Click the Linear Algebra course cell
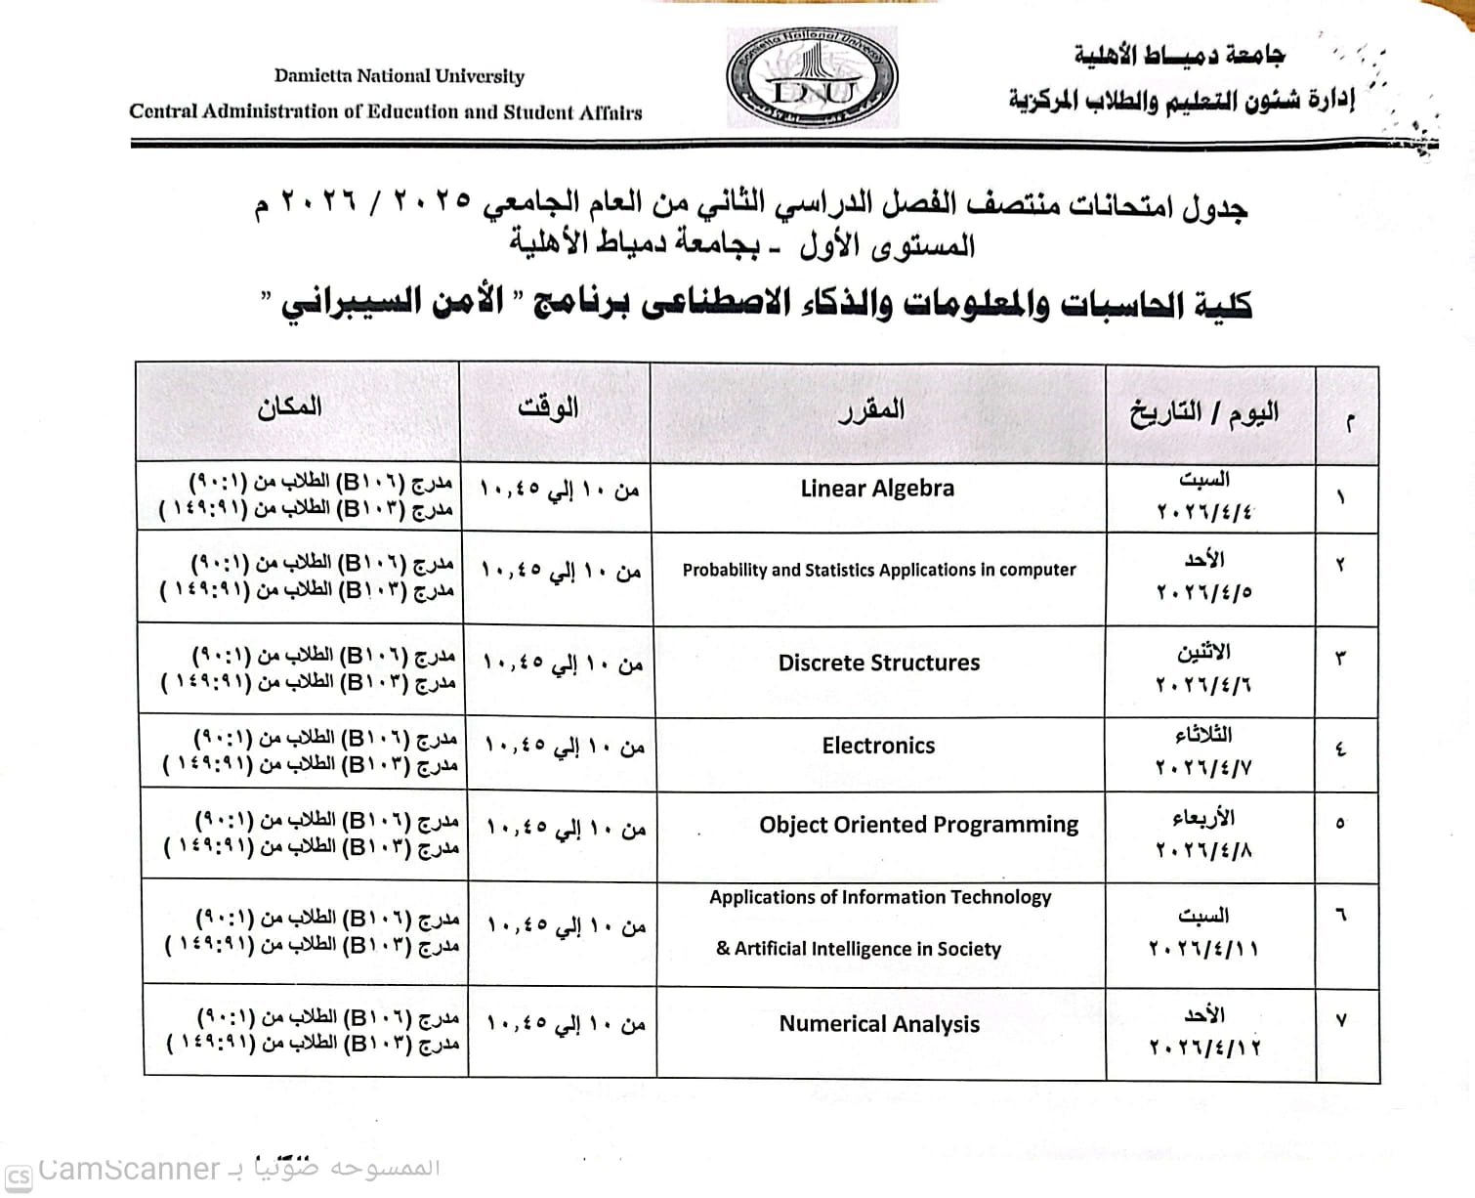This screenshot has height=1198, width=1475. coord(877,489)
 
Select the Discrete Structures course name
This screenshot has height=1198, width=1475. coord(878,663)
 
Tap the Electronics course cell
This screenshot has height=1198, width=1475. coord(878,746)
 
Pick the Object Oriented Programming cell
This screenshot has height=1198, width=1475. coord(918,825)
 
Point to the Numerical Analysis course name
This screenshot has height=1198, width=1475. coord(879,1024)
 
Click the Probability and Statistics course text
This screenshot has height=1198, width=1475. coord(878,570)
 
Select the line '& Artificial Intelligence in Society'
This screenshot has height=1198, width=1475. coord(859,949)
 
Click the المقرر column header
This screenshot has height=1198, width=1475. coord(871,409)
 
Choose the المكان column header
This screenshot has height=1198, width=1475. coord(290,406)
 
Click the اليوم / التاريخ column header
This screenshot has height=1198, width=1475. coord(1204,413)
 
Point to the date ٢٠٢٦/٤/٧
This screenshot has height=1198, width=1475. coord(1203,769)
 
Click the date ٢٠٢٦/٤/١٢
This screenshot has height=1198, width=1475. coord(1204,1048)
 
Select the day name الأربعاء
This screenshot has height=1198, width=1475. coord(1204,816)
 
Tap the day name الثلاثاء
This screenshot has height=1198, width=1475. coord(1204,735)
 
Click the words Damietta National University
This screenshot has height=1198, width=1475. coord(399,76)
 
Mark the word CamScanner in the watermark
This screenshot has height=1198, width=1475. coord(130,1169)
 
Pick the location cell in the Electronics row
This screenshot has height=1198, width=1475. coord(311,750)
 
